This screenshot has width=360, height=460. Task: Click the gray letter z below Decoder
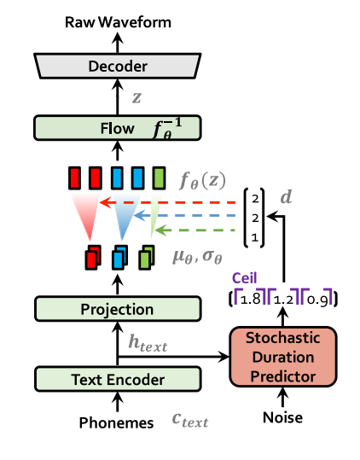pyautogui.click(x=137, y=97)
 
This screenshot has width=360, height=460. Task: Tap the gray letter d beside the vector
pyautogui.click(x=287, y=197)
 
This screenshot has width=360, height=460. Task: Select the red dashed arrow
pyautogui.click(x=171, y=202)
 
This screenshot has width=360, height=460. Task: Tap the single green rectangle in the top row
pyautogui.click(x=159, y=178)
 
